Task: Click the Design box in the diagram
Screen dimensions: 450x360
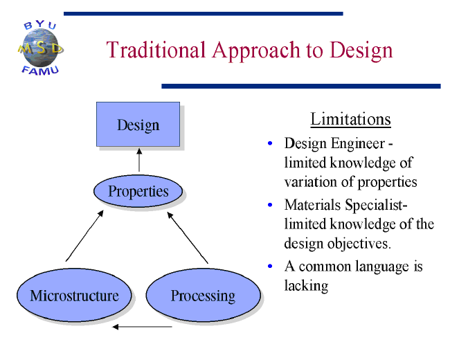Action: pyautogui.click(x=138, y=124)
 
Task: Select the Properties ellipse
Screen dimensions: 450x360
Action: pyautogui.click(x=138, y=191)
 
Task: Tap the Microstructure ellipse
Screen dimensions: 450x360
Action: pyautogui.click(x=74, y=295)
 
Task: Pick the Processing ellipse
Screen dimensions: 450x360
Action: pyautogui.click(x=203, y=295)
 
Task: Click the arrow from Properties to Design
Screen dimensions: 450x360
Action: pyautogui.click(x=139, y=160)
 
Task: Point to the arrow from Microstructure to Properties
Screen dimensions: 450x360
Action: pyautogui.click(x=84, y=235)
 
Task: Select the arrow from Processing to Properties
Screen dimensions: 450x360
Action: pyautogui.click(x=188, y=237)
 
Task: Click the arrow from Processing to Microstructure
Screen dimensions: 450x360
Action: pyautogui.click(x=142, y=327)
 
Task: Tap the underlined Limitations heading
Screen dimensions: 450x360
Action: pyautogui.click(x=350, y=119)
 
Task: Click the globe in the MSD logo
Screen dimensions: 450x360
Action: pyautogui.click(x=41, y=48)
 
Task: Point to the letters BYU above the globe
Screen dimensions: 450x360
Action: pyautogui.click(x=40, y=25)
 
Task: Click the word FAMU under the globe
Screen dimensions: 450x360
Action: pyautogui.click(x=40, y=71)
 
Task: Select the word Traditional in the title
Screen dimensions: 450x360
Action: pyautogui.click(x=156, y=50)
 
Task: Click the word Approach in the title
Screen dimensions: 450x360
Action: pyautogui.click(x=256, y=51)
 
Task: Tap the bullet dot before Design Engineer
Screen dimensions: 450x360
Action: pyautogui.click(x=270, y=143)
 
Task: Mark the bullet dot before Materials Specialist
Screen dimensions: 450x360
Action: pyautogui.click(x=270, y=205)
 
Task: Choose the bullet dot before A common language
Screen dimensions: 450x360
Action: pyautogui.click(x=270, y=266)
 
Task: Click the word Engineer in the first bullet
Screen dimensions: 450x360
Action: pyautogui.click(x=358, y=144)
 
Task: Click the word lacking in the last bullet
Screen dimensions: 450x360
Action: pyautogui.click(x=306, y=286)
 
